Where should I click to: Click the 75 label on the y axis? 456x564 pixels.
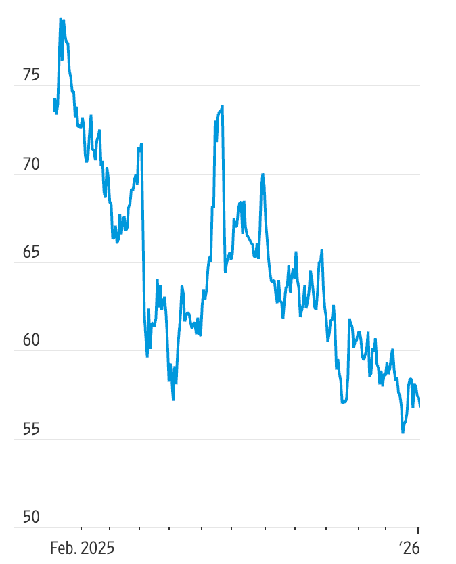point(31,75)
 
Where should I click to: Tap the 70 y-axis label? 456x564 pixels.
point(31,164)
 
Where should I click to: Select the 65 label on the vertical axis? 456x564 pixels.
point(31,253)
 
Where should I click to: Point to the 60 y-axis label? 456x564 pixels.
point(31,341)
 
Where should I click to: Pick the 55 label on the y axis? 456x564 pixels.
point(31,429)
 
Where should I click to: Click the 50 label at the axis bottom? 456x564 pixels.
point(31,517)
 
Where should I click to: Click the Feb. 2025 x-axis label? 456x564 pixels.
point(82,547)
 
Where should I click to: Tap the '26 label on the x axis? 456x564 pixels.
point(409,547)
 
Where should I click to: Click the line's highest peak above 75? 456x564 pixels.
point(60,19)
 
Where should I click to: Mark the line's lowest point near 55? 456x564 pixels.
point(403,432)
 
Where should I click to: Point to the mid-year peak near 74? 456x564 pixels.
point(222,107)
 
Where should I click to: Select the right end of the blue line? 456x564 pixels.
point(419,406)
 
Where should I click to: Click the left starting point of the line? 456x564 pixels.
point(54,99)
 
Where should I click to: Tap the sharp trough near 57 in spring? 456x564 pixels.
point(173,399)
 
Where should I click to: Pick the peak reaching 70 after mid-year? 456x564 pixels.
point(263,174)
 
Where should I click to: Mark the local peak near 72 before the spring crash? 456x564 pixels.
point(141,144)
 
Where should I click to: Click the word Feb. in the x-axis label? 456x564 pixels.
point(63,547)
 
